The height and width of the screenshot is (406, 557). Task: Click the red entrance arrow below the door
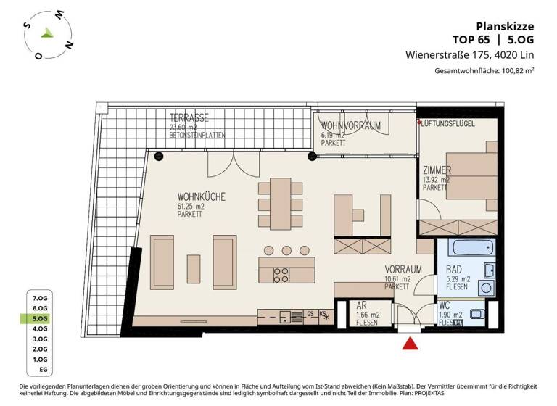[410, 344]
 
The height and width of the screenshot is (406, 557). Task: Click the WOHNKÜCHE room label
[201, 196]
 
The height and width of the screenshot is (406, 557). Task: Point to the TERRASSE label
[189, 117]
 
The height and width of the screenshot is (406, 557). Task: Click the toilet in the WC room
[479, 315]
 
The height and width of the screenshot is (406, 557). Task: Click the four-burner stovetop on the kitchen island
[281, 275]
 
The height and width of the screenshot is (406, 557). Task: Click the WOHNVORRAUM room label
[351, 126]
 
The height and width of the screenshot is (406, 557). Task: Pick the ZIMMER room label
[437, 170]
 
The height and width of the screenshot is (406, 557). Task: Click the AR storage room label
[361, 305]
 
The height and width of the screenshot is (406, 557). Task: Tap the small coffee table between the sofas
[194, 268]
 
